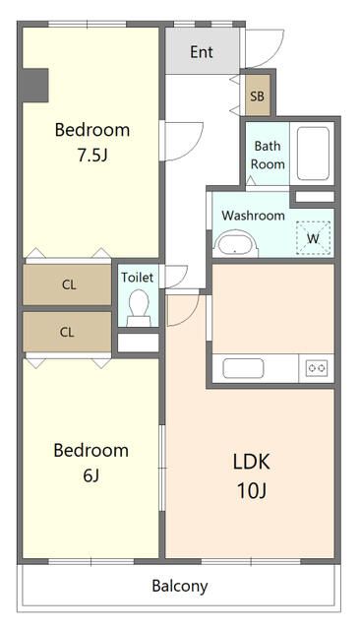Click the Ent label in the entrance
coord(202,52)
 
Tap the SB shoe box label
coord(258,96)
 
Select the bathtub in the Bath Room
coord(313,154)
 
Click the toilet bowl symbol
coord(139,308)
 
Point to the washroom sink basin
coord(236,244)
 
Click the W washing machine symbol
coord(314,238)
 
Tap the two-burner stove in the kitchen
coord(317,368)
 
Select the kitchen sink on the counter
coord(243,368)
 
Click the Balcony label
coord(180,587)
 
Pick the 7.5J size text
coord(92,156)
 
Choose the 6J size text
coord(91,475)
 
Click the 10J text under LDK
coord(252,490)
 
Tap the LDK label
coord(252,462)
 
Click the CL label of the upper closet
coord(69,284)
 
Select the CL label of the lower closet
coord(67,333)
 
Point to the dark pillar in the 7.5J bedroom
coord(34,86)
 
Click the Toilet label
coord(138,278)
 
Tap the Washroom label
coord(253,216)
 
